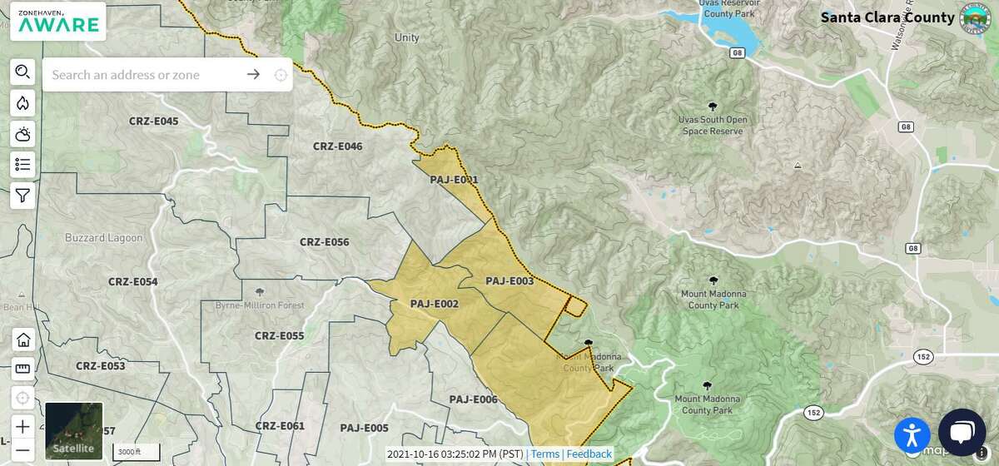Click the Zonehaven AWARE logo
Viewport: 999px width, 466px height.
click(x=57, y=21)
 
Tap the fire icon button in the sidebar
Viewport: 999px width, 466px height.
click(x=22, y=103)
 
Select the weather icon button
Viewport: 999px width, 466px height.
click(x=22, y=134)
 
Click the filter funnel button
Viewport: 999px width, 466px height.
click(x=22, y=196)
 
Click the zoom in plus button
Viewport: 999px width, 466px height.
click(x=22, y=425)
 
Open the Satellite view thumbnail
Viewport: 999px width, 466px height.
click(x=74, y=431)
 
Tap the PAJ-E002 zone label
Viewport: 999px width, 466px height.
click(x=434, y=305)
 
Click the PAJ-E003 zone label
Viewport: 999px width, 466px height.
click(x=509, y=281)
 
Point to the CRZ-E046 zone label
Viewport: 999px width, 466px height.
click(x=337, y=146)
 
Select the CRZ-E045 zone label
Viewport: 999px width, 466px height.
click(x=153, y=121)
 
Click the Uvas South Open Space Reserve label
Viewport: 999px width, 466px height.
click(x=713, y=125)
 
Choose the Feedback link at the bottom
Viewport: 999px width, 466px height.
click(x=589, y=454)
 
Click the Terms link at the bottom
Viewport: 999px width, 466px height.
click(x=545, y=454)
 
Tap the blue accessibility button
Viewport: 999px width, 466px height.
click(x=912, y=434)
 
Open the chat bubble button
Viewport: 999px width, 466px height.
click(x=962, y=433)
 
